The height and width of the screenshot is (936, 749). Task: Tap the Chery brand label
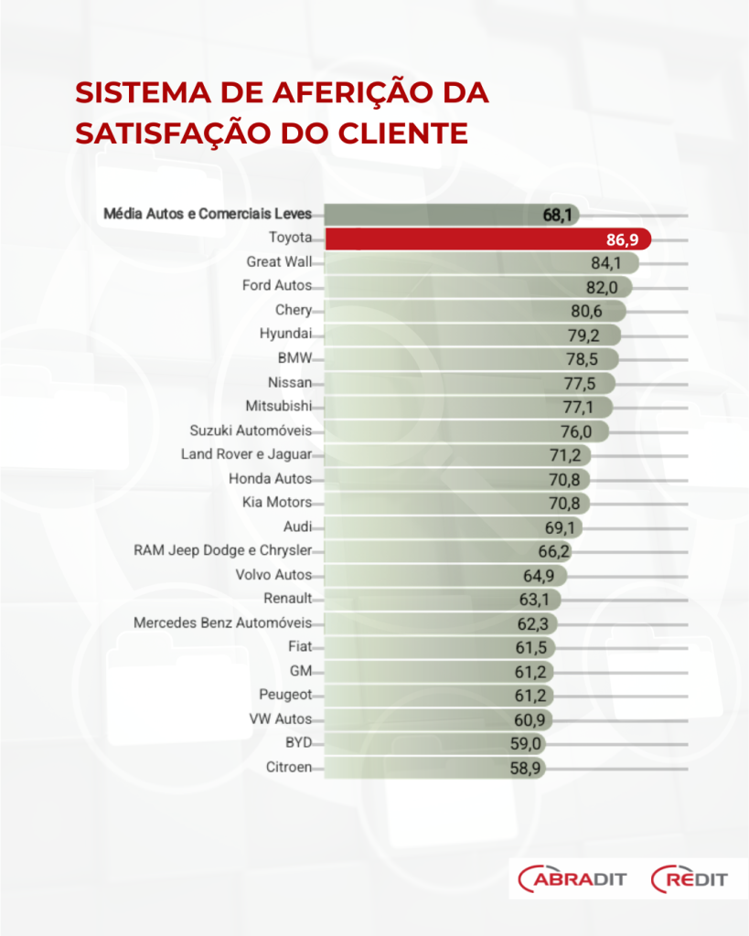coord(293,311)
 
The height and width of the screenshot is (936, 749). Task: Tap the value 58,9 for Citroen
coord(526,767)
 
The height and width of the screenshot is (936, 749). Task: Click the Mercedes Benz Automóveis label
coord(222,622)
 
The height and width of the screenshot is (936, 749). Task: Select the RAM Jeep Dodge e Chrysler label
coord(222,550)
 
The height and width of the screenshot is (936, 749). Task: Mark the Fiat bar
coord(421,647)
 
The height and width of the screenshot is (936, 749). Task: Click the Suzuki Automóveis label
coord(251,431)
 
